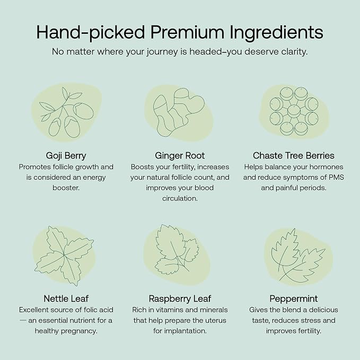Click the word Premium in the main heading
(x=187, y=32)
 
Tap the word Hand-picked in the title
(x=91, y=33)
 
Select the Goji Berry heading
(x=66, y=156)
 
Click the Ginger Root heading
(x=180, y=156)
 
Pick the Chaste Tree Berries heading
(x=294, y=156)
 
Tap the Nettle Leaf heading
(x=66, y=298)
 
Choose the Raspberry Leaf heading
(x=180, y=298)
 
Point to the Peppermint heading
(x=294, y=298)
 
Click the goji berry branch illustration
(x=67, y=112)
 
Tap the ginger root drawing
(x=178, y=112)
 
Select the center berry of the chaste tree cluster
(x=294, y=111)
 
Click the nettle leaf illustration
(x=64, y=256)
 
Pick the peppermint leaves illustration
(x=298, y=256)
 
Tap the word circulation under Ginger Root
(x=180, y=198)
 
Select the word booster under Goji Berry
(x=66, y=188)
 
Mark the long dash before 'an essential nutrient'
(x=23, y=320)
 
